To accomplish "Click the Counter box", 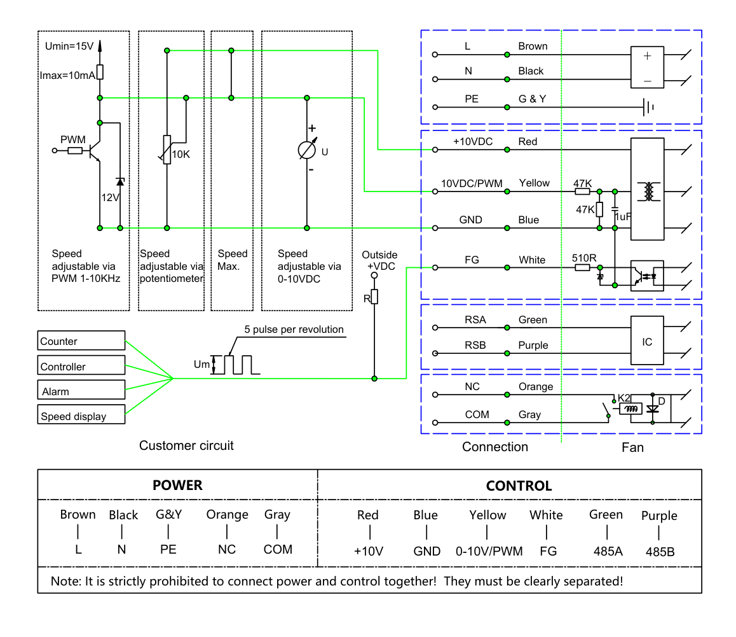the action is (81, 340).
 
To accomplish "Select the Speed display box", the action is (81, 414).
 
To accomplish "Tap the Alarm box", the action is (81, 389).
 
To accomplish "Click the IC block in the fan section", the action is (647, 340).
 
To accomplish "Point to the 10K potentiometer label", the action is (181, 154).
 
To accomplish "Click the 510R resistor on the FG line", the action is (583, 267).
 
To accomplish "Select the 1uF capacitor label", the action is (624, 217).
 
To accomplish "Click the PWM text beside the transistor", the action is (72, 139).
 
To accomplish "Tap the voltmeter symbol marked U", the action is (307, 150).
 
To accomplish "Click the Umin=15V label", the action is (69, 46).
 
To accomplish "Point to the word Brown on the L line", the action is (533, 46).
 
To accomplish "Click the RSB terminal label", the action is (475, 345).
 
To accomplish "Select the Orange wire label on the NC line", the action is (536, 386).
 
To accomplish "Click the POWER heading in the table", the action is (177, 485).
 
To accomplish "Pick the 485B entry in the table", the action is (660, 552).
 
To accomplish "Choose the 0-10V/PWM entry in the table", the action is (489, 551).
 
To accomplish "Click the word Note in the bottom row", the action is (65, 581).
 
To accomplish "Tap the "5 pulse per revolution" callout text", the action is (294, 329).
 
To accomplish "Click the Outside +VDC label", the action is (379, 260).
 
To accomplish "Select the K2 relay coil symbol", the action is (631, 409).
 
